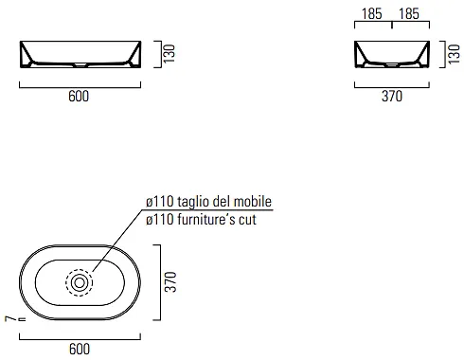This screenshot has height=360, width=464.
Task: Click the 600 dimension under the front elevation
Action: coord(79,96)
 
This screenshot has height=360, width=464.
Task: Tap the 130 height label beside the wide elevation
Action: coord(170,54)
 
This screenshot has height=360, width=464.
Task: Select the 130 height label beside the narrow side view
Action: coord(454,54)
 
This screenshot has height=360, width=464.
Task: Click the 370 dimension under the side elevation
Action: coord(392,96)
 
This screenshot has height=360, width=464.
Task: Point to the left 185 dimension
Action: coord(372,14)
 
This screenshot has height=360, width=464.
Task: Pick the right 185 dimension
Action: coord(409,14)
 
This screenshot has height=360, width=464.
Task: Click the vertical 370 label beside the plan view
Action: coord(170,281)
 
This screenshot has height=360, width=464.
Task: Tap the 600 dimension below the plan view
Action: coord(80,349)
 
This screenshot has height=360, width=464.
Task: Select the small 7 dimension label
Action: coord(10,318)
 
